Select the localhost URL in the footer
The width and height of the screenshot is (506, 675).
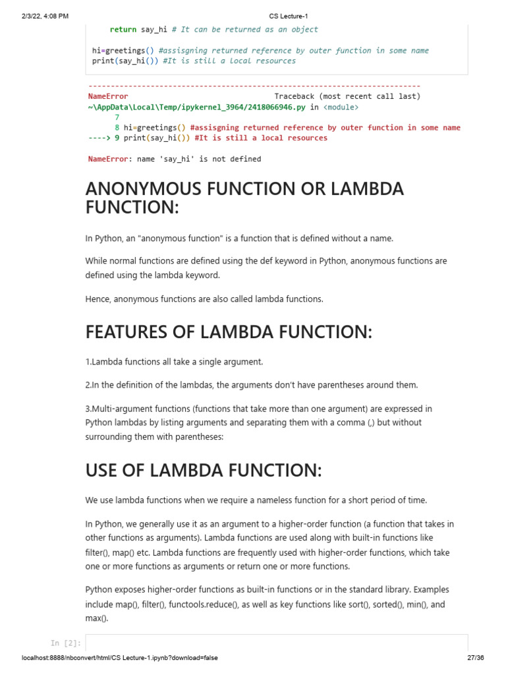tap(120, 658)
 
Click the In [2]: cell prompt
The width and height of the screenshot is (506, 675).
tap(65, 643)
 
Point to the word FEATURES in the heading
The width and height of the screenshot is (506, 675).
tap(125, 332)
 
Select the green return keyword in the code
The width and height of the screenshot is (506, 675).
tap(123, 30)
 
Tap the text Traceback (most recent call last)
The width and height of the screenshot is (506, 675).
tap(347, 96)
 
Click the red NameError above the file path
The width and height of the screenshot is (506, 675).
tap(108, 96)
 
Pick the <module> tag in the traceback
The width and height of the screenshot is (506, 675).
tap(341, 107)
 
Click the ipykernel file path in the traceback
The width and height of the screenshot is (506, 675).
tap(198, 107)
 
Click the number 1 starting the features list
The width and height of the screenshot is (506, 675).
tap(88, 362)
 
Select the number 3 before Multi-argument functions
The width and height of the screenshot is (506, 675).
tap(88, 409)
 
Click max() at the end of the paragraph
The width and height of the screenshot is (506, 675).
tap(96, 618)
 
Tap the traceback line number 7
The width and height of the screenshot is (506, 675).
tap(117, 117)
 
